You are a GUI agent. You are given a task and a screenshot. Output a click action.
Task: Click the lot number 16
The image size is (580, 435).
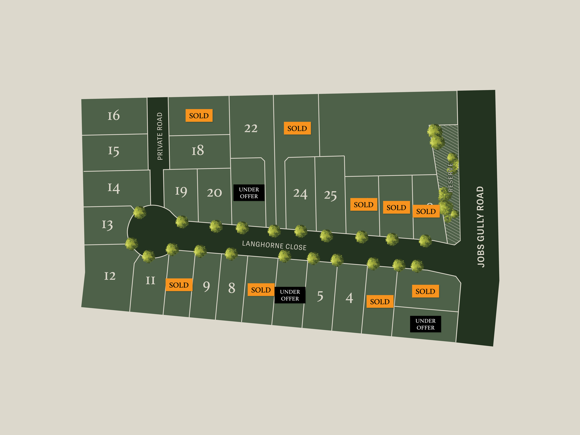tap(113, 115)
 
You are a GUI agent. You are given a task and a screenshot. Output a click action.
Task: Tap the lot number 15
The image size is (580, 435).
tap(113, 151)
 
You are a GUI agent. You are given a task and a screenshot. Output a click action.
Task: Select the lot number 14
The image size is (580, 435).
tap(113, 188)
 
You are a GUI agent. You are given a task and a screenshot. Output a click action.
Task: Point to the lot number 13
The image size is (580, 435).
tap(107, 225)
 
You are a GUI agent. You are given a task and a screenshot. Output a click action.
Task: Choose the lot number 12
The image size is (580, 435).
tap(110, 276)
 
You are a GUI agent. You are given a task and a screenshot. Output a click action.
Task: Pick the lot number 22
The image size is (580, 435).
tap(251, 129)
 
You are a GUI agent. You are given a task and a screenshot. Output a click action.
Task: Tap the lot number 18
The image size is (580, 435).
tap(197, 151)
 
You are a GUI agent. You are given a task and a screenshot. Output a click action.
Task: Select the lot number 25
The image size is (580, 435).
tap(330, 195)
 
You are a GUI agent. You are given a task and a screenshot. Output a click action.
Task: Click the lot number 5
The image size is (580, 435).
tap(320, 296)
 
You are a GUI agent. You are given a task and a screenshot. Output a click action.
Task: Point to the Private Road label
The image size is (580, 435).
tap(160, 136)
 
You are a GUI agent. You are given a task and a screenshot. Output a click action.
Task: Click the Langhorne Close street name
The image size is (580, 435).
tap(274, 245)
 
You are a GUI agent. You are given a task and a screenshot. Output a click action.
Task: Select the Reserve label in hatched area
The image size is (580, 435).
tap(451, 177)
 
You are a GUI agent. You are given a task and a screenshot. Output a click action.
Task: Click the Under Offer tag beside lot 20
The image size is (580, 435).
tap(249, 193)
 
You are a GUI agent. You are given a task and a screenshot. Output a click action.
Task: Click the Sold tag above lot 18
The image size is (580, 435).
tap(199, 116)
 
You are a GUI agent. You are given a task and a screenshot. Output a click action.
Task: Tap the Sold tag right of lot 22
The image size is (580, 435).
tap(297, 129)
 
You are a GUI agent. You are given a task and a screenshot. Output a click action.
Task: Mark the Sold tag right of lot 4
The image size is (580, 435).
tap(380, 302)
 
